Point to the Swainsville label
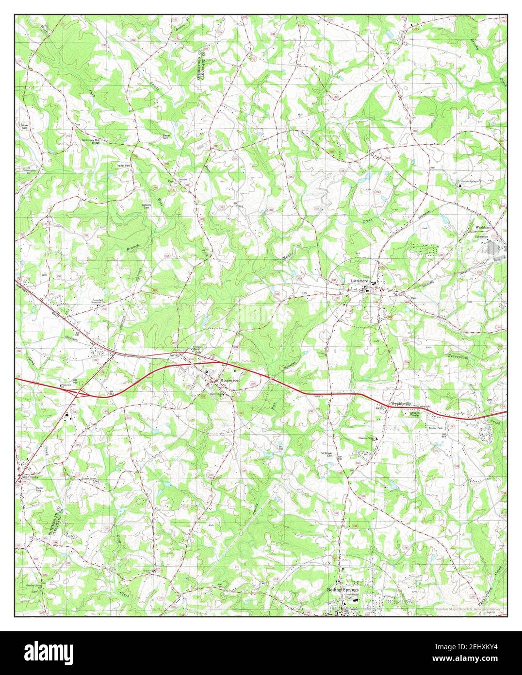point(401,404)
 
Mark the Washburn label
point(484,227)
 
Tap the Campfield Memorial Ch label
point(102,301)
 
